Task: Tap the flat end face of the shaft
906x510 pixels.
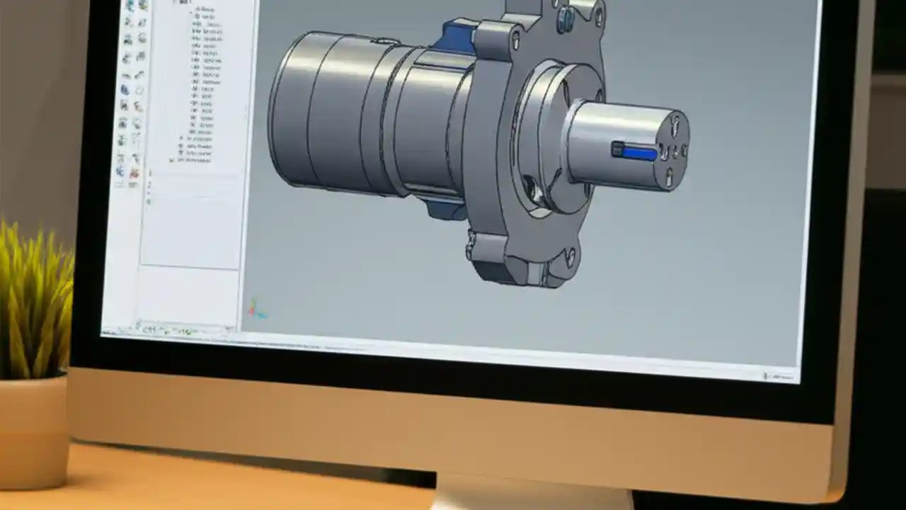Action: point(672,150)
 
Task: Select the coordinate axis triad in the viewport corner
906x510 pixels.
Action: point(256,309)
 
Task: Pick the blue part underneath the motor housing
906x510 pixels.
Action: point(442,208)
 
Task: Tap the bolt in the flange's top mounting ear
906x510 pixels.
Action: point(564,19)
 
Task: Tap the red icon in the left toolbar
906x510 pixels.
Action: point(134,173)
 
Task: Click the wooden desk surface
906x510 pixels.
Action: point(212,489)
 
